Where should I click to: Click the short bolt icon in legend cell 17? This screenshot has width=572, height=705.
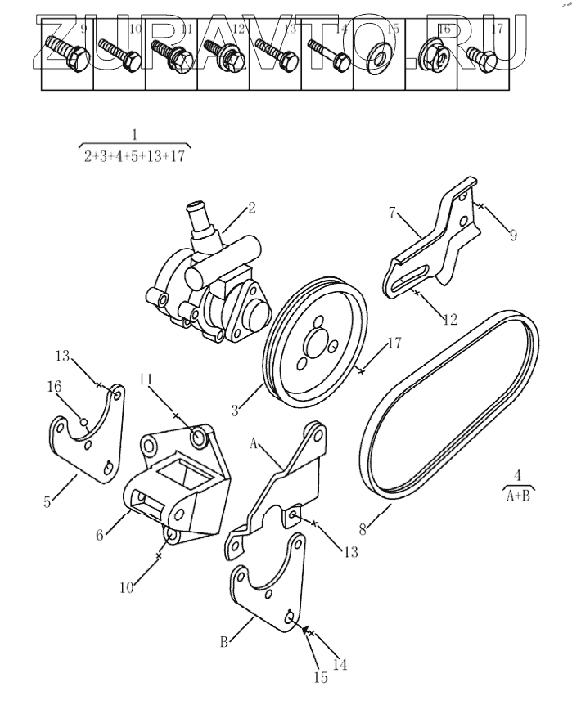pos(482,56)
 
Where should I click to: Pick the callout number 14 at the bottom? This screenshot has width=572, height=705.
pos(340,664)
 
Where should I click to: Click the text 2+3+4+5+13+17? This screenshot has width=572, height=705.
pos(134,157)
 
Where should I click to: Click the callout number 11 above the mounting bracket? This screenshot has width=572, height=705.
pos(146,379)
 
